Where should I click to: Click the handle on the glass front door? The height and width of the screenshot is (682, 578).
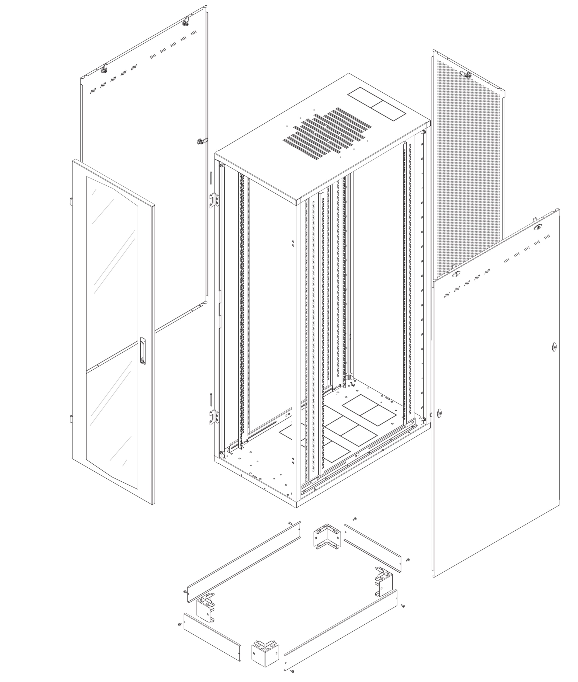tap(142, 350)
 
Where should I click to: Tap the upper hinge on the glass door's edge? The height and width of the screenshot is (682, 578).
tap(71, 201)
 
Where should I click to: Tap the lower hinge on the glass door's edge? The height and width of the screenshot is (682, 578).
tap(71, 419)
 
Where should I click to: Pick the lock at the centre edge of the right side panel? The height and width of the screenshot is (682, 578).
tap(554, 347)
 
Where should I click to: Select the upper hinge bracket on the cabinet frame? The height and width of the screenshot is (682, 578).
tap(215, 200)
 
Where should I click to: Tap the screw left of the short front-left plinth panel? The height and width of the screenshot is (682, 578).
tap(180, 624)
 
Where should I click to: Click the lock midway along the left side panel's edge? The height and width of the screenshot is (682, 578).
tap(201, 142)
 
